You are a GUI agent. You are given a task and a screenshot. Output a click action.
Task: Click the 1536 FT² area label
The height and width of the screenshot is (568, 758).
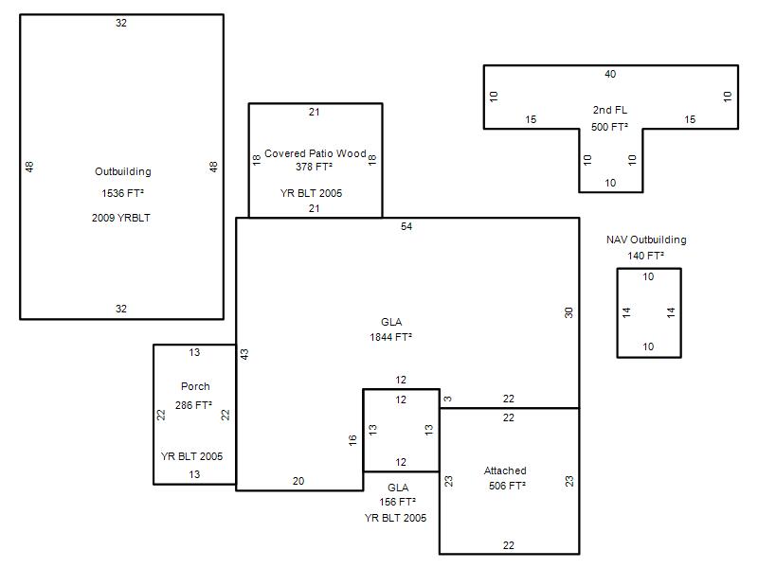tap(123, 193)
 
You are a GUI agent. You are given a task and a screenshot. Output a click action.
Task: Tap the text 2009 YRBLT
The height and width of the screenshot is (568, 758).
tap(121, 218)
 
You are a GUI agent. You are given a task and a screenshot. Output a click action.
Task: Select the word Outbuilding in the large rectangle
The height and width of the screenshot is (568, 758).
tap(123, 171)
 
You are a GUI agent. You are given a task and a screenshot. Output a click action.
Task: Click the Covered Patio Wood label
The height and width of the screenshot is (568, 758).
tap(316, 153)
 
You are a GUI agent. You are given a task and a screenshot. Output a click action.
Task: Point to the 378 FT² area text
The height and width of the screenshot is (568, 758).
tap(315, 167)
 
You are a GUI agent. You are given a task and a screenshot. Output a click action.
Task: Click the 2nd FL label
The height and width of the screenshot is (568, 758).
tap(610, 110)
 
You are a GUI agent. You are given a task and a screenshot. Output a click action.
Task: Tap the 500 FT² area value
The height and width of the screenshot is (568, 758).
tap(609, 127)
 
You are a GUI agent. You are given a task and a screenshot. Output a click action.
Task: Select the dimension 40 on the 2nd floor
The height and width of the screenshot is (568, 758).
tap(610, 74)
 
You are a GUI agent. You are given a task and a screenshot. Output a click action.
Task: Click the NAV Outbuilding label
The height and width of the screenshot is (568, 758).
tap(646, 240)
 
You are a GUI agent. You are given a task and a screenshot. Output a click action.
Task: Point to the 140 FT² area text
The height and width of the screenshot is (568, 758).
tap(646, 256)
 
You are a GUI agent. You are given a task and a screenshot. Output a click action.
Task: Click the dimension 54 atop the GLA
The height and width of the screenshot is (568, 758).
tap(406, 226)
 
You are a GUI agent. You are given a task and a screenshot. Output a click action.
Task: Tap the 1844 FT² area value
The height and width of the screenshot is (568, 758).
tap(390, 337)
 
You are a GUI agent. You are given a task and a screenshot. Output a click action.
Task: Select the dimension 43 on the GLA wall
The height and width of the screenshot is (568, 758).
tap(244, 354)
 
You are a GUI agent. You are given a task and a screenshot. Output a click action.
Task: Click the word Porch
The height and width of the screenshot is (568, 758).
tap(195, 386)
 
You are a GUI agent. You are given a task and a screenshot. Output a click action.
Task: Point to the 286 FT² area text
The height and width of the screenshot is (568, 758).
tap(193, 405)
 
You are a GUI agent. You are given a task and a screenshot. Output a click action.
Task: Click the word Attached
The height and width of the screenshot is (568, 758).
tap(505, 470)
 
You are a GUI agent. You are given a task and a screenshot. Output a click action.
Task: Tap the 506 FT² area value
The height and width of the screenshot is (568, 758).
tap(507, 486)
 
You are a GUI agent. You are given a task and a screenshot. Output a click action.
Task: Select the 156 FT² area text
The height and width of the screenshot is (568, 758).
tap(397, 503)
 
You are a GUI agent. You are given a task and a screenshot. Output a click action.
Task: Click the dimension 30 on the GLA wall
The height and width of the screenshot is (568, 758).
tap(568, 312)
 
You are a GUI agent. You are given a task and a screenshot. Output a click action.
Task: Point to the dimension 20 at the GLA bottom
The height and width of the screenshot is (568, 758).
tap(298, 481)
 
